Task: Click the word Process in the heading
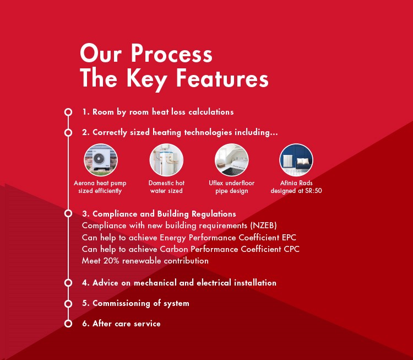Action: point(171,53)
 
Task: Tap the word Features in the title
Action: point(222,78)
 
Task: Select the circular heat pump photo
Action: point(101,160)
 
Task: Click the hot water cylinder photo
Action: point(166,160)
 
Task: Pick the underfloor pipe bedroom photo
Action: point(231,160)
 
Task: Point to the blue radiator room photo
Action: point(296,160)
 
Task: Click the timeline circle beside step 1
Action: point(68,112)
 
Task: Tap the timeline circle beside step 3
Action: point(68,213)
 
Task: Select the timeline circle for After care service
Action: point(68,324)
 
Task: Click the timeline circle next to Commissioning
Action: point(68,304)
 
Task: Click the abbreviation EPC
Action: point(289,238)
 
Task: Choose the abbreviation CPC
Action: point(291,249)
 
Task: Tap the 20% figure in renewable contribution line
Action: point(111,261)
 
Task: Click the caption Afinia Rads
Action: point(296,183)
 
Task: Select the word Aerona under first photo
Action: point(84,183)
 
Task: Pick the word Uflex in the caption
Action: point(216,183)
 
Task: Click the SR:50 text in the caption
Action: point(313,191)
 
